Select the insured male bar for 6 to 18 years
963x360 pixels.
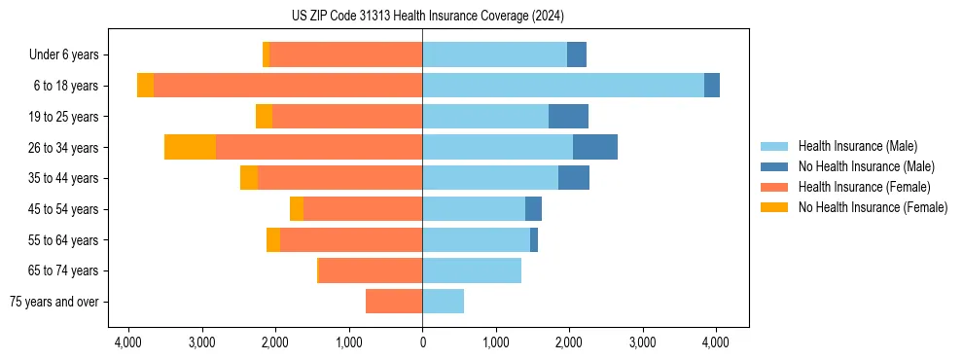(563, 86)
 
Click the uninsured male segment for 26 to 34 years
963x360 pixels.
(595, 147)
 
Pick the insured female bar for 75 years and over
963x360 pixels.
(394, 302)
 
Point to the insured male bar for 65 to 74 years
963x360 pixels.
(472, 270)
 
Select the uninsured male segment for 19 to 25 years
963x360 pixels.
(568, 117)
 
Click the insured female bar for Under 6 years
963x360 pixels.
(345, 54)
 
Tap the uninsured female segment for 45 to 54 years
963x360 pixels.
(297, 209)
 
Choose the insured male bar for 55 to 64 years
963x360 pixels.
(476, 239)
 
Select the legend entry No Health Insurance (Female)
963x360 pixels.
(873, 207)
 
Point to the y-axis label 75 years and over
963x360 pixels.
(54, 302)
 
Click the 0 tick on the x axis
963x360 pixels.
(422, 342)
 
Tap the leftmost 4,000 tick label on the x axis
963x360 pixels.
(128, 342)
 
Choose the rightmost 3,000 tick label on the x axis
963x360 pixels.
(643, 342)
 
